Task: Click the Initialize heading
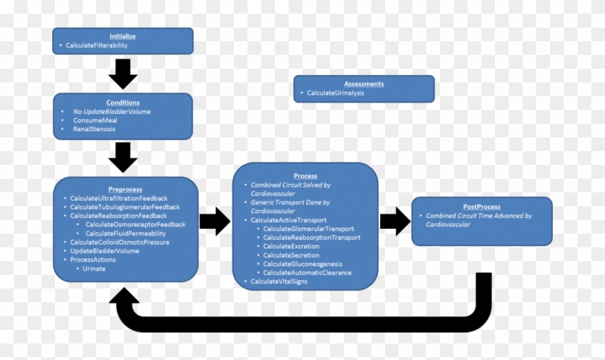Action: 122,36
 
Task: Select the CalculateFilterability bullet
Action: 96,45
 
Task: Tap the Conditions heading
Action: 122,102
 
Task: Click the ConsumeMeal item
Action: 95,120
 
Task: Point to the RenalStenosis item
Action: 94,129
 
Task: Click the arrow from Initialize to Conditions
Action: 123,73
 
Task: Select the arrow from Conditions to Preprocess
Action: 123,156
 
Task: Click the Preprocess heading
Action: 125,189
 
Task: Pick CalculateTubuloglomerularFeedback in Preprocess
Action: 124,207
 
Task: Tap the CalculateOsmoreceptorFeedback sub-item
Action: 135,225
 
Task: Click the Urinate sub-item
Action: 94,269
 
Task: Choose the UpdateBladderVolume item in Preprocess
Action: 104,251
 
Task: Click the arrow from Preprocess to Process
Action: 214,221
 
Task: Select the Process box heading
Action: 305,176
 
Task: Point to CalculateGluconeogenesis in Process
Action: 302,264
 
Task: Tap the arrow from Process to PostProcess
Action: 395,221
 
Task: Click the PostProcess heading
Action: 481,206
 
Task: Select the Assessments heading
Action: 364,84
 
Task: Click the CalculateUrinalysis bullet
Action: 335,93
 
